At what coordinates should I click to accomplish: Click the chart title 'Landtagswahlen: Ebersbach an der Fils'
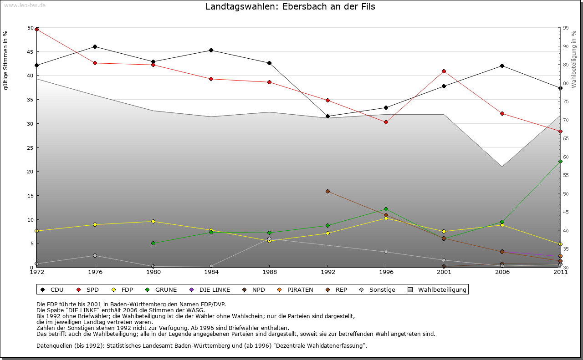click(290, 7)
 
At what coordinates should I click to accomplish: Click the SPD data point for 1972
click(37, 30)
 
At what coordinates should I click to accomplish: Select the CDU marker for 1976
click(95, 46)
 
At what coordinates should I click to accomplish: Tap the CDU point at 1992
click(327, 116)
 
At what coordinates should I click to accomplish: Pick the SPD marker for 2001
click(444, 71)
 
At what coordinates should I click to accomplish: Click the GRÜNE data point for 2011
click(560, 161)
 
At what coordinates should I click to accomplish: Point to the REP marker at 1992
click(327, 191)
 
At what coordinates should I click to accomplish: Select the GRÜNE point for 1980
click(153, 243)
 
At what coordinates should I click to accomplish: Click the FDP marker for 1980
click(153, 221)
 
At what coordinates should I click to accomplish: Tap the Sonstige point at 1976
click(95, 255)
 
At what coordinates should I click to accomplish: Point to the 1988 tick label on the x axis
click(269, 273)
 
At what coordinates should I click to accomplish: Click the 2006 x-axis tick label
click(502, 273)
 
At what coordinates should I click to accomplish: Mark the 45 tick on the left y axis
click(31, 51)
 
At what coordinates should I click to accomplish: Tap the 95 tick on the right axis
click(566, 28)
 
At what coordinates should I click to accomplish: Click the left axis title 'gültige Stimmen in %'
click(6, 61)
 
